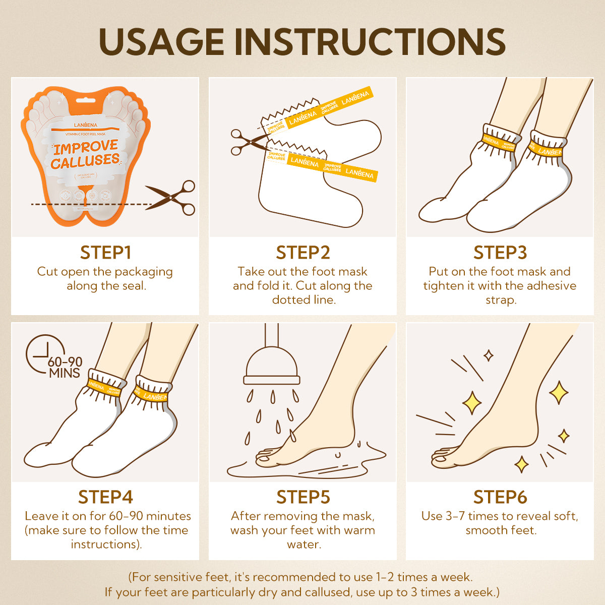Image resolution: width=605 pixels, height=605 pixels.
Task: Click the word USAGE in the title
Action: click(x=161, y=41)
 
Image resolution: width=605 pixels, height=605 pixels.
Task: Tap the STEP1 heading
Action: click(x=105, y=252)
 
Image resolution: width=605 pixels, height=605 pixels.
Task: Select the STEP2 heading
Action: click(x=303, y=252)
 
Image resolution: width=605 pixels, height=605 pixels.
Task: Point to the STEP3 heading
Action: click(x=500, y=252)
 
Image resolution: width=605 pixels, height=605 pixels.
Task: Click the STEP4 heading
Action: click(x=105, y=497)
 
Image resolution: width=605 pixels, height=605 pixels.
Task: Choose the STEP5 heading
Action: click(x=303, y=497)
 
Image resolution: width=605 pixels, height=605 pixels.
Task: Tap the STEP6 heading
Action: click(x=500, y=497)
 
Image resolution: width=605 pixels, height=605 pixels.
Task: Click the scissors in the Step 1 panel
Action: click(x=171, y=198)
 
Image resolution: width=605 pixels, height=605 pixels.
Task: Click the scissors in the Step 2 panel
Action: click(x=246, y=142)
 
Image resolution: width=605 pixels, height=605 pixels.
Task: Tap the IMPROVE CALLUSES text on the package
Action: click(x=85, y=154)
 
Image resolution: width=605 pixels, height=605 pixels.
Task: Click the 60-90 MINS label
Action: click(x=65, y=368)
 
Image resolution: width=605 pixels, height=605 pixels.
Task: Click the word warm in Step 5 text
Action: click(x=359, y=530)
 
